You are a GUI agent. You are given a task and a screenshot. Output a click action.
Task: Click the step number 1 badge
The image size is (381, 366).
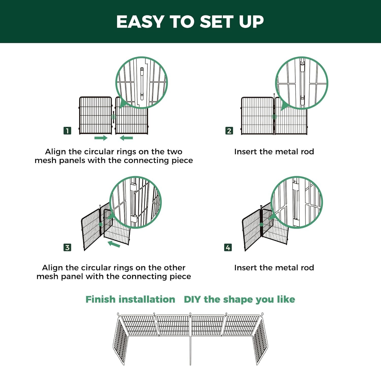(x=67, y=131)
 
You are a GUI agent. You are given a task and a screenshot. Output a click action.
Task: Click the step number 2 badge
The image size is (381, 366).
(x=229, y=131)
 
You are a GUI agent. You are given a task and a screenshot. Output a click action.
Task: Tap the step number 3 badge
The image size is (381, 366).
(x=67, y=247)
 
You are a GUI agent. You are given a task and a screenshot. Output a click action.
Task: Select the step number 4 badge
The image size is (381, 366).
(x=228, y=247)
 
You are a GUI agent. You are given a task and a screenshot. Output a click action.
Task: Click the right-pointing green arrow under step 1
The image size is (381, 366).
(x=101, y=138)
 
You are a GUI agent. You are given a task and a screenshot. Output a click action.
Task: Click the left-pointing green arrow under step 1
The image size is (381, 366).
(x=126, y=138)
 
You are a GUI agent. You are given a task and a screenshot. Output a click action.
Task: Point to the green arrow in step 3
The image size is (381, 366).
(x=114, y=244)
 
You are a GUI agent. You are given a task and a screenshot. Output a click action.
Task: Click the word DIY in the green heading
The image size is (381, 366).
(x=193, y=299)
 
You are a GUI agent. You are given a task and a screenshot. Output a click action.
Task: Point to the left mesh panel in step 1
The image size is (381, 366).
(x=96, y=115)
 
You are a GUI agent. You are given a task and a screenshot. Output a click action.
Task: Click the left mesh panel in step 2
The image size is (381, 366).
(x=257, y=116)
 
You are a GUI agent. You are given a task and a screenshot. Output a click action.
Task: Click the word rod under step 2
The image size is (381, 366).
(x=307, y=152)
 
